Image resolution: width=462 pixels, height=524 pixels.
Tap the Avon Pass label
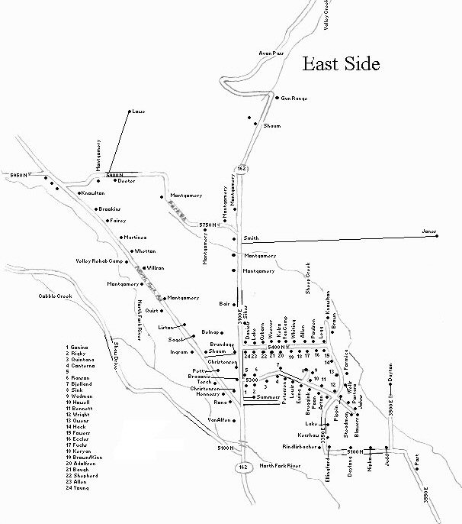click(x=271, y=53)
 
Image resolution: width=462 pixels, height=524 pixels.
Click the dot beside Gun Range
click(x=277, y=97)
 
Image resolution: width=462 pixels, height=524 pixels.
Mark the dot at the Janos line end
click(x=438, y=236)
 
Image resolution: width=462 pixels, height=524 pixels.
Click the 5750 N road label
click(x=208, y=225)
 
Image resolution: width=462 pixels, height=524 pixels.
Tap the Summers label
click(x=268, y=398)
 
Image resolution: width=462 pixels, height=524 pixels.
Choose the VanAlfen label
click(x=218, y=419)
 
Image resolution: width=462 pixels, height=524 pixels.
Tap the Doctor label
click(x=125, y=180)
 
